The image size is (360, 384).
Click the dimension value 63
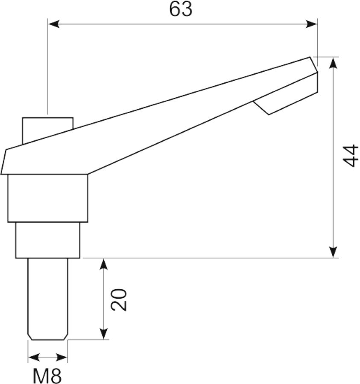click(x=181, y=10)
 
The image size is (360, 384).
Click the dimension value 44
click(x=350, y=156)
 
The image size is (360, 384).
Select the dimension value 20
click(x=119, y=300)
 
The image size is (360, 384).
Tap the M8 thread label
click(x=47, y=376)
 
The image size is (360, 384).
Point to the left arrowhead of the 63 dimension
click(x=54, y=24)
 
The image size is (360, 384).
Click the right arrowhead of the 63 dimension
click(x=311, y=24)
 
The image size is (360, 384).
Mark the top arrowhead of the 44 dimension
click(x=333, y=63)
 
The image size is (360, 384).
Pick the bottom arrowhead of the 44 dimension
click(x=333, y=252)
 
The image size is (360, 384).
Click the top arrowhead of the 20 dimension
click(x=104, y=264)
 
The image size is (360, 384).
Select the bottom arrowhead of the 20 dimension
click(x=104, y=334)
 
